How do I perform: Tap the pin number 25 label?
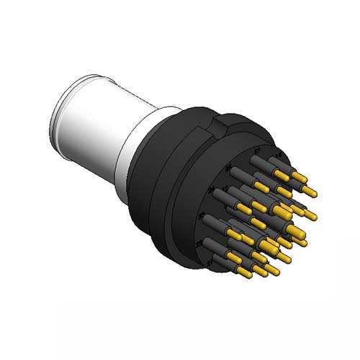pos(229,168)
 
